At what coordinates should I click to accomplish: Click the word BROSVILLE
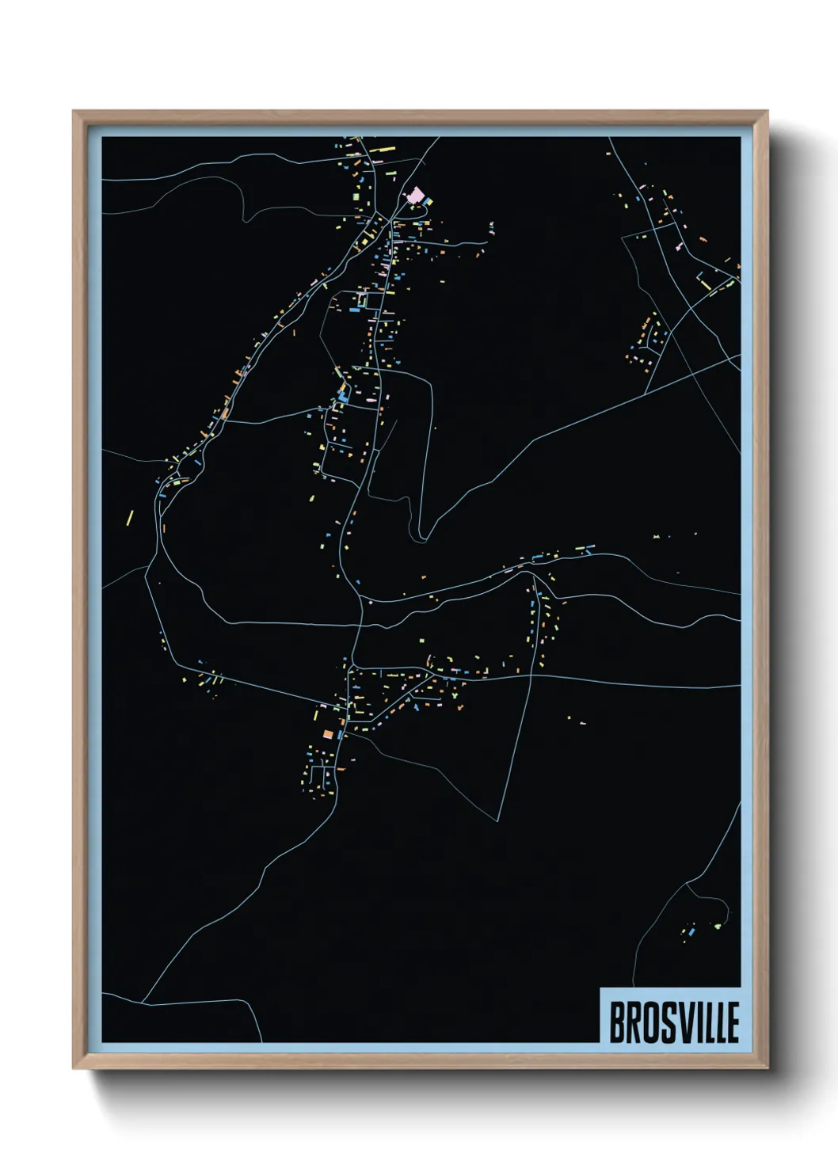pos(673,1022)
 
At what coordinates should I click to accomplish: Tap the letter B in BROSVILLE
pos(616,1022)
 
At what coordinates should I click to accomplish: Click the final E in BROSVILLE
pos(733,1022)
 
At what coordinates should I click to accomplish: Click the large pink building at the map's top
pos(414,194)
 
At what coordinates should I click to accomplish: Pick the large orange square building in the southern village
pos(327,735)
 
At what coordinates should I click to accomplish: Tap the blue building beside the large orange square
pos(339,734)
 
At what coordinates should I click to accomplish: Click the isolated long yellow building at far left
pos(131,517)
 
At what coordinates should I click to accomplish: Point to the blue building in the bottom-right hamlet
pos(691,933)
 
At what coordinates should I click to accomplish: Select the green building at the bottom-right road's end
pos(718,925)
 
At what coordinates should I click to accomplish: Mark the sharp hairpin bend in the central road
pos(423,538)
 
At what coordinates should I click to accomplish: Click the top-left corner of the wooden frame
pos(73,111)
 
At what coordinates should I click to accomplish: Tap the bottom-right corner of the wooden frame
pos(768,1069)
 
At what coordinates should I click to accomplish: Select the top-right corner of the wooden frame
pos(768,111)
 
